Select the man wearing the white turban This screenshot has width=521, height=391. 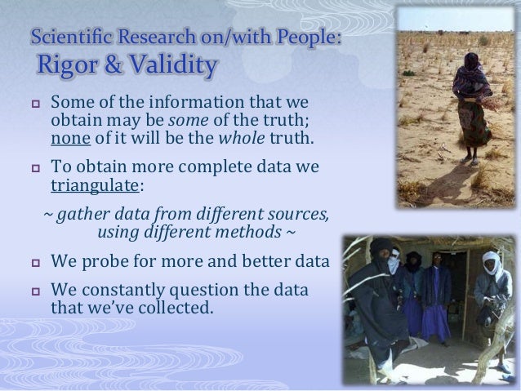pos(495,286)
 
